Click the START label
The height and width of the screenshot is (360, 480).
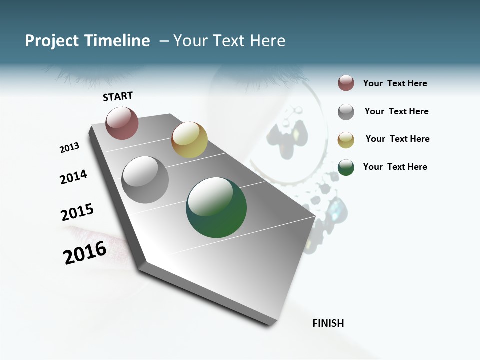click(x=118, y=96)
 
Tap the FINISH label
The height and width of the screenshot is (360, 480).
click(x=328, y=323)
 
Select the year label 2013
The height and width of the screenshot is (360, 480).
click(x=69, y=148)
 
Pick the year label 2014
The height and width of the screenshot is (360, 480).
click(x=73, y=177)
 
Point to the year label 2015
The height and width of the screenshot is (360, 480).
click(x=77, y=212)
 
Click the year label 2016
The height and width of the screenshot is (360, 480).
click(x=85, y=253)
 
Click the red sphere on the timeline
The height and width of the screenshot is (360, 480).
click(x=122, y=123)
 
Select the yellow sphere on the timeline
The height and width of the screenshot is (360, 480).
click(x=189, y=139)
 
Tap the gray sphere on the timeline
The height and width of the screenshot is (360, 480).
click(x=145, y=179)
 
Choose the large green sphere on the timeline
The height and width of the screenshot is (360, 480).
click(x=216, y=207)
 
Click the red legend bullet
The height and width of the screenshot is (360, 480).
click(x=346, y=83)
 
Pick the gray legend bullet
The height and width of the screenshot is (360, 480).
click(x=346, y=112)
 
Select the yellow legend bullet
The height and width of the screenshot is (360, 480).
click(x=346, y=140)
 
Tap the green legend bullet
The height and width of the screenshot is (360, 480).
click(x=346, y=167)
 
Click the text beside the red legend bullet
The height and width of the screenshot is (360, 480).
click(x=395, y=84)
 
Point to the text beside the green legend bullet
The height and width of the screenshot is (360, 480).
click(x=395, y=167)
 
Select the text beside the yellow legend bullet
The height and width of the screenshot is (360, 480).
click(x=397, y=139)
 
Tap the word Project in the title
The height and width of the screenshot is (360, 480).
click(x=52, y=41)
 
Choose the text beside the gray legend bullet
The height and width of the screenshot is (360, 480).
click(x=397, y=111)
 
